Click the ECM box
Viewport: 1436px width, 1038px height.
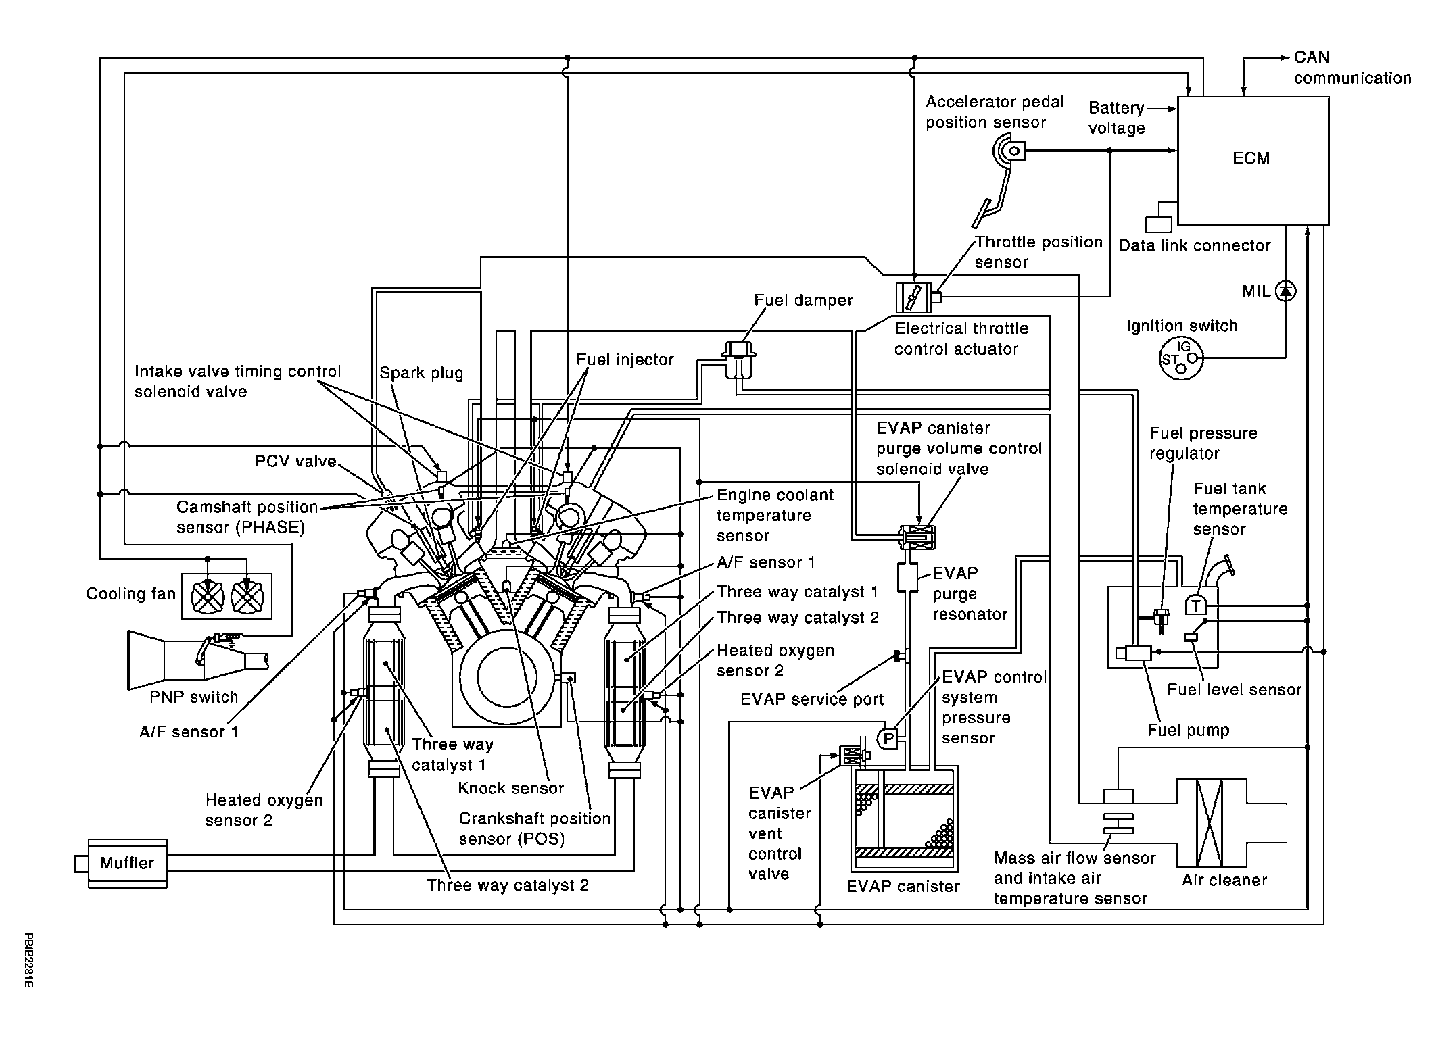[1253, 160]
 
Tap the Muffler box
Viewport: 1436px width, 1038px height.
[127, 863]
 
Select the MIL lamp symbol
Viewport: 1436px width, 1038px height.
[1285, 291]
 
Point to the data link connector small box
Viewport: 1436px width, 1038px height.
[1159, 224]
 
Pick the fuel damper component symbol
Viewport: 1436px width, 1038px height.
[739, 358]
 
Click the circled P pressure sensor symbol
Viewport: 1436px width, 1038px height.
[888, 739]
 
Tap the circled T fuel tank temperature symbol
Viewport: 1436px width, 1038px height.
[1195, 604]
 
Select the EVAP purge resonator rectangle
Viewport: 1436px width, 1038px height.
[907, 577]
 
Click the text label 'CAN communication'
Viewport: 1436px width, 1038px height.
[1351, 68]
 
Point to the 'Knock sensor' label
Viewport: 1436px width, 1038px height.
[510, 788]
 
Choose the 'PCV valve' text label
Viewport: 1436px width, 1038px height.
[295, 461]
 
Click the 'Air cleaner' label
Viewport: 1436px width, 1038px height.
[1224, 880]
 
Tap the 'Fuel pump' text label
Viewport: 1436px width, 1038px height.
[1188, 730]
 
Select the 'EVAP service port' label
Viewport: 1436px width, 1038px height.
[811, 699]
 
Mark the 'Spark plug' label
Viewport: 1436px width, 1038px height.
[421, 373]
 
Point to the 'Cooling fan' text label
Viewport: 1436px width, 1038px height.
[130, 594]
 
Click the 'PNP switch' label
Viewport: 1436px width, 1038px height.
[193, 697]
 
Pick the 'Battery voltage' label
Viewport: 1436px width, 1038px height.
[1116, 118]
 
